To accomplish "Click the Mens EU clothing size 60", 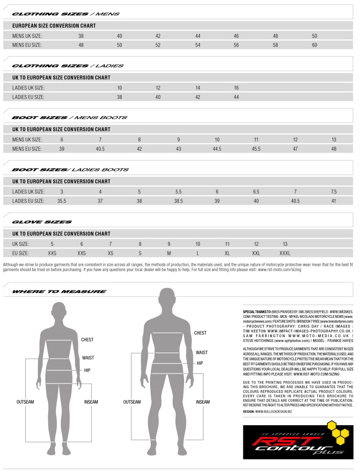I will tap(315, 45).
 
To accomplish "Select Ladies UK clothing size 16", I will tap(236, 88).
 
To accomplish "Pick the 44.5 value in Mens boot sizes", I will tap(217, 149).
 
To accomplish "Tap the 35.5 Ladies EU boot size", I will tap(61, 201).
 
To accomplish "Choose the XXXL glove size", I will tap(285, 253).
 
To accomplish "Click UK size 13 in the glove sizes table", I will tap(285, 244).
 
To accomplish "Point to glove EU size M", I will tap(169, 253).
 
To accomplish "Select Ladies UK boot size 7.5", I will tap(333, 192).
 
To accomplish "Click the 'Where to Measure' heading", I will tap(59, 292).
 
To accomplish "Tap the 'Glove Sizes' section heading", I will tap(42, 222).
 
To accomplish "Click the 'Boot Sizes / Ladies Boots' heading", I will tap(70, 170).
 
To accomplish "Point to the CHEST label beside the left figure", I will tap(87, 340).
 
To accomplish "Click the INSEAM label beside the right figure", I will tap(203, 402).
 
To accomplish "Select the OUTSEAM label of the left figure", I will tap(25, 402).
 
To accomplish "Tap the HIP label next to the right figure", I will tap(200, 363).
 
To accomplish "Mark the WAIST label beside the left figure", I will tap(88, 358).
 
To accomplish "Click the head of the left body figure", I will tap(59, 310).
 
